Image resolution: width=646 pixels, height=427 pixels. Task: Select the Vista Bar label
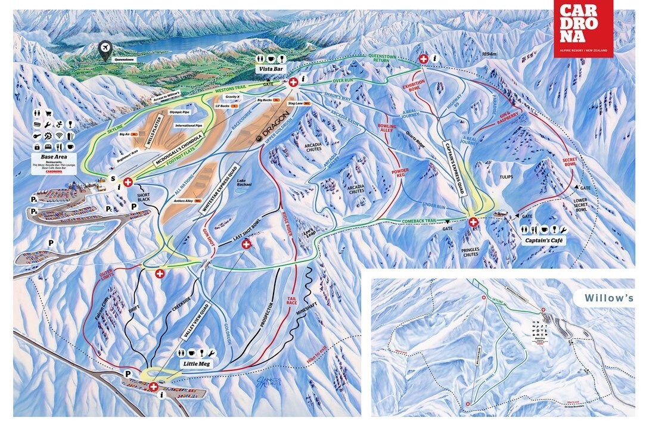tap(271, 70)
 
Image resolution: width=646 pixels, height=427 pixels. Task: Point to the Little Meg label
tap(195, 363)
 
